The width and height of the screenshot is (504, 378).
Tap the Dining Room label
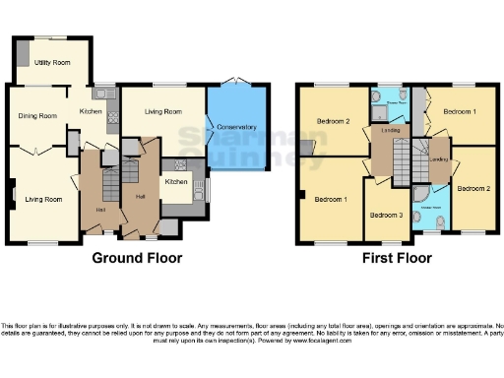[x=37, y=115]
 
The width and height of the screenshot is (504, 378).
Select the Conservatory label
[x=236, y=127]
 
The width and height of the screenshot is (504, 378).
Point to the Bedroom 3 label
[x=385, y=215]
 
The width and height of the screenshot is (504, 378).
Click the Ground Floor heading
[x=137, y=259]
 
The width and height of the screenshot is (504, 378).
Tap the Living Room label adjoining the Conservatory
[x=162, y=111]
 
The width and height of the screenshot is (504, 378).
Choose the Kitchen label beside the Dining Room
[x=91, y=112]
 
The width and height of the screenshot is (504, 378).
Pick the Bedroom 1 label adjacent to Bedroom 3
[x=330, y=199]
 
